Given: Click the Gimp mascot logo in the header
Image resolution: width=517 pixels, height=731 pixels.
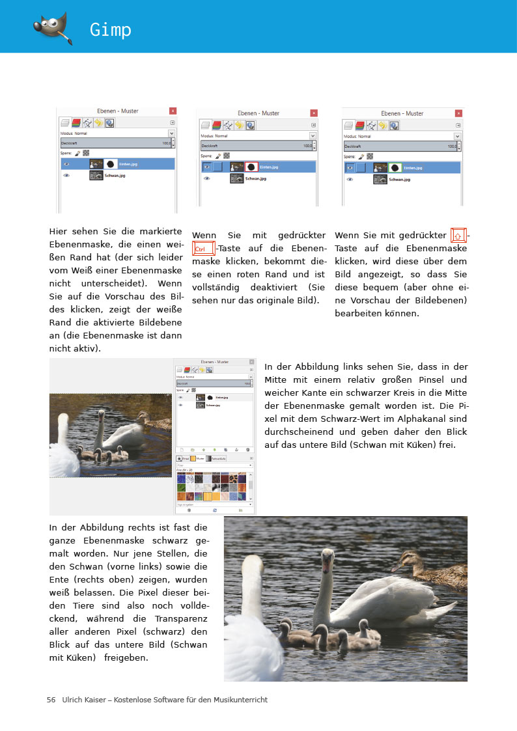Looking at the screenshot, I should (x=51, y=27).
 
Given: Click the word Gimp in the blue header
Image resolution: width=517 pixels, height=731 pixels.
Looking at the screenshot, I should (x=111, y=30).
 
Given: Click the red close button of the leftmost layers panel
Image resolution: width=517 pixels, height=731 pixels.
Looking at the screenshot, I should (x=173, y=111).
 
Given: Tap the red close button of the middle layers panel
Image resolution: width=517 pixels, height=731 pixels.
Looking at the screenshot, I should (x=314, y=113).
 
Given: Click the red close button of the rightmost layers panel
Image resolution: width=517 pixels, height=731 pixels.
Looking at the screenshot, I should (x=458, y=113).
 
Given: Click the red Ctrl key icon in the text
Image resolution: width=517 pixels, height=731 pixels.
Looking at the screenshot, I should (x=203, y=249).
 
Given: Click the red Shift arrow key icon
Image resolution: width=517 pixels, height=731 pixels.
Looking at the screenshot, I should (x=458, y=236).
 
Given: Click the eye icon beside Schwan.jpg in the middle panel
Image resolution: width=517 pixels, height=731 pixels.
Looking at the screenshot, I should (x=207, y=178).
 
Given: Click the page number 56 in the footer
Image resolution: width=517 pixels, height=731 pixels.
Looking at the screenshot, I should (x=51, y=700).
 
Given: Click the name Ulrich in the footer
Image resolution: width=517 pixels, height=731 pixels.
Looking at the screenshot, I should (x=73, y=700).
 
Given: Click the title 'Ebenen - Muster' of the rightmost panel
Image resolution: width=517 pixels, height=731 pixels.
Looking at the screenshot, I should (x=402, y=113).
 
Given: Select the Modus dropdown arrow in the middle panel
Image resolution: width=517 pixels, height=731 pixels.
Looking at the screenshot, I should (x=313, y=135).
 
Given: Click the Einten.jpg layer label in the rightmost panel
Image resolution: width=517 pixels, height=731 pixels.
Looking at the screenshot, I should (x=414, y=167).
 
